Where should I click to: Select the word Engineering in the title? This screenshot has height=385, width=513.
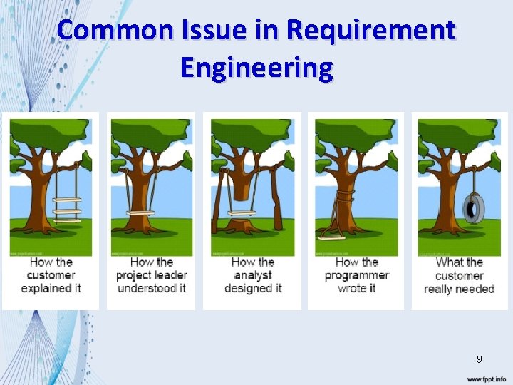pos(256,68)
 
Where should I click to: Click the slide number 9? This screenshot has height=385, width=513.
pos(480,359)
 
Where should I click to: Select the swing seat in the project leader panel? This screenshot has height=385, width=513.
pos(140,212)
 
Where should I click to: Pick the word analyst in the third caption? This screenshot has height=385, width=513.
pos(253,275)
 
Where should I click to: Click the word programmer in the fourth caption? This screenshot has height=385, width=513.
pos(356,275)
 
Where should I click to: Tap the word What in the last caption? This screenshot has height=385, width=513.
pos(449,262)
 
